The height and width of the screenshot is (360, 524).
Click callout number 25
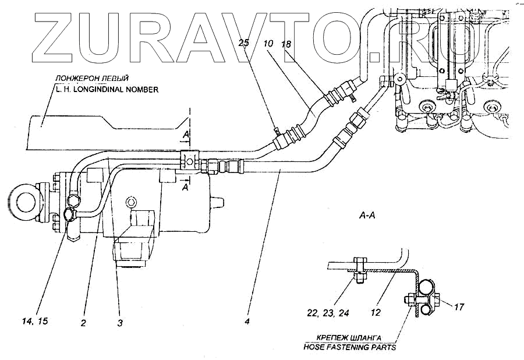click(243, 44)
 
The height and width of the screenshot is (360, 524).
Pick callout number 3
click(119, 322)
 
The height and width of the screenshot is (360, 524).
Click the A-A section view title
click(366, 216)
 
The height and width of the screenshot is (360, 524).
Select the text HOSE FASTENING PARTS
click(349, 347)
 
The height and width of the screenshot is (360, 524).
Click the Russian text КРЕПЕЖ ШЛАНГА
click(350, 337)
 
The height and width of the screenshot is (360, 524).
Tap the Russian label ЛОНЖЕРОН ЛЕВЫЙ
click(91, 78)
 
